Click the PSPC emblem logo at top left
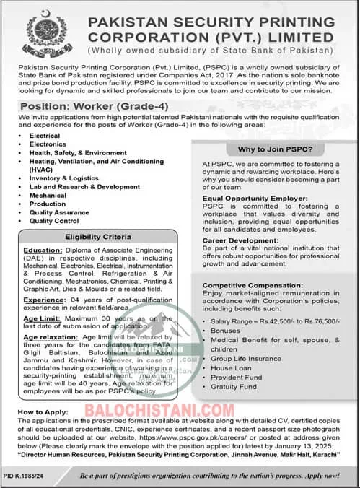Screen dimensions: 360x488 (x=43, y=30)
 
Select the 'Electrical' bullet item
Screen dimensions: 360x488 (x=45, y=135)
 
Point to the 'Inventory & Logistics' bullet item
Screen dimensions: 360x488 (x=63, y=178)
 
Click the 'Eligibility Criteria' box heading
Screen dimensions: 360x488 (x=97, y=237)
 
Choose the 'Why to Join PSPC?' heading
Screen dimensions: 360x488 (x=270, y=149)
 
